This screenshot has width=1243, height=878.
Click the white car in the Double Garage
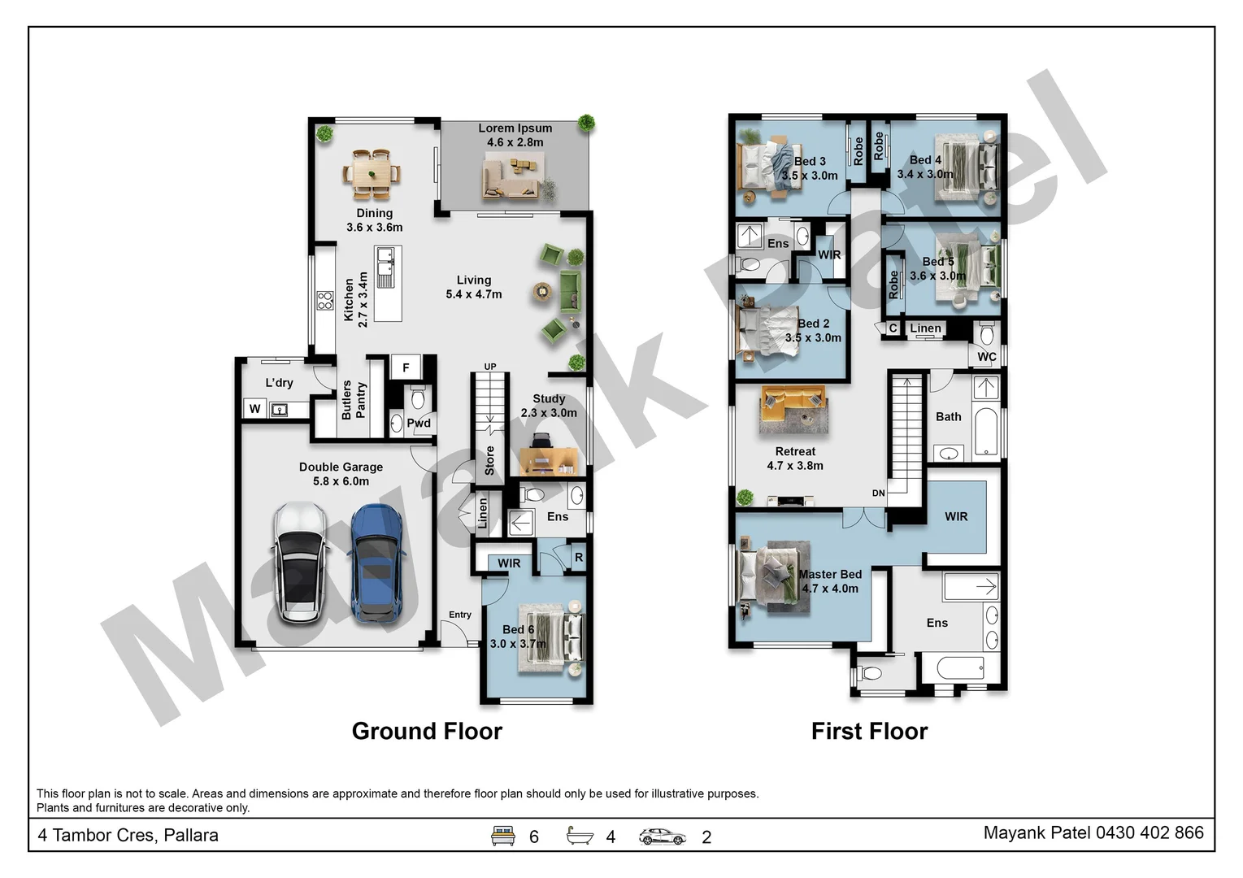pyautogui.click(x=301, y=563)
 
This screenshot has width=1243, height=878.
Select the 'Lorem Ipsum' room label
pyautogui.click(x=515, y=128)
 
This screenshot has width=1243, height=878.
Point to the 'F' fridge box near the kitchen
pyautogui.click(x=406, y=367)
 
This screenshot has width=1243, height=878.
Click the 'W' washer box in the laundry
pyautogui.click(x=254, y=409)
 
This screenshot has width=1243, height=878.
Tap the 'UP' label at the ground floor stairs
pyautogui.click(x=490, y=367)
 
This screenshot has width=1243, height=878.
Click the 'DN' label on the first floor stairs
pyautogui.click(x=878, y=493)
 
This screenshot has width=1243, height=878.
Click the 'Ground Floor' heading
pyautogui.click(x=427, y=731)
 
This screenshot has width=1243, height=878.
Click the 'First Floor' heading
pyautogui.click(x=869, y=731)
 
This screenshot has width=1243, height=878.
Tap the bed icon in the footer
pyautogui.click(x=503, y=836)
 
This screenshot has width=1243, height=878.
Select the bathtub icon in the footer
pyautogui.click(x=580, y=836)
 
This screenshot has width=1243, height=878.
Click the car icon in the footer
pyautogui.click(x=662, y=837)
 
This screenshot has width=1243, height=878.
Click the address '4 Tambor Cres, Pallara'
pyautogui.click(x=128, y=835)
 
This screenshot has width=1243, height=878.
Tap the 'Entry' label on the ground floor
pyautogui.click(x=460, y=615)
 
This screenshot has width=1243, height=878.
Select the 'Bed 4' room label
pyautogui.click(x=925, y=160)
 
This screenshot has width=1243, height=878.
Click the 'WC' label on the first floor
pyautogui.click(x=986, y=357)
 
